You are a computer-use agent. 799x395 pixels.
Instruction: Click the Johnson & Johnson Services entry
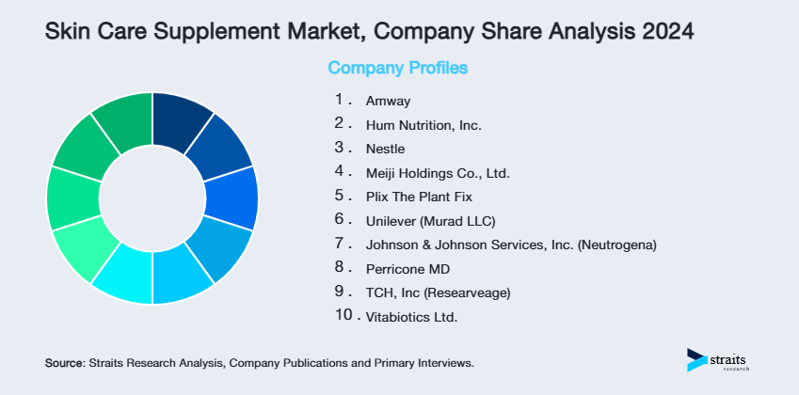[511, 245]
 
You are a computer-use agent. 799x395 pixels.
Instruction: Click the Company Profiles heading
[397, 69]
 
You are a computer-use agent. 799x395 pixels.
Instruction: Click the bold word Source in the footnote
[63, 362]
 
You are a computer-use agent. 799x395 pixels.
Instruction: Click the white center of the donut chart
[152, 198]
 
